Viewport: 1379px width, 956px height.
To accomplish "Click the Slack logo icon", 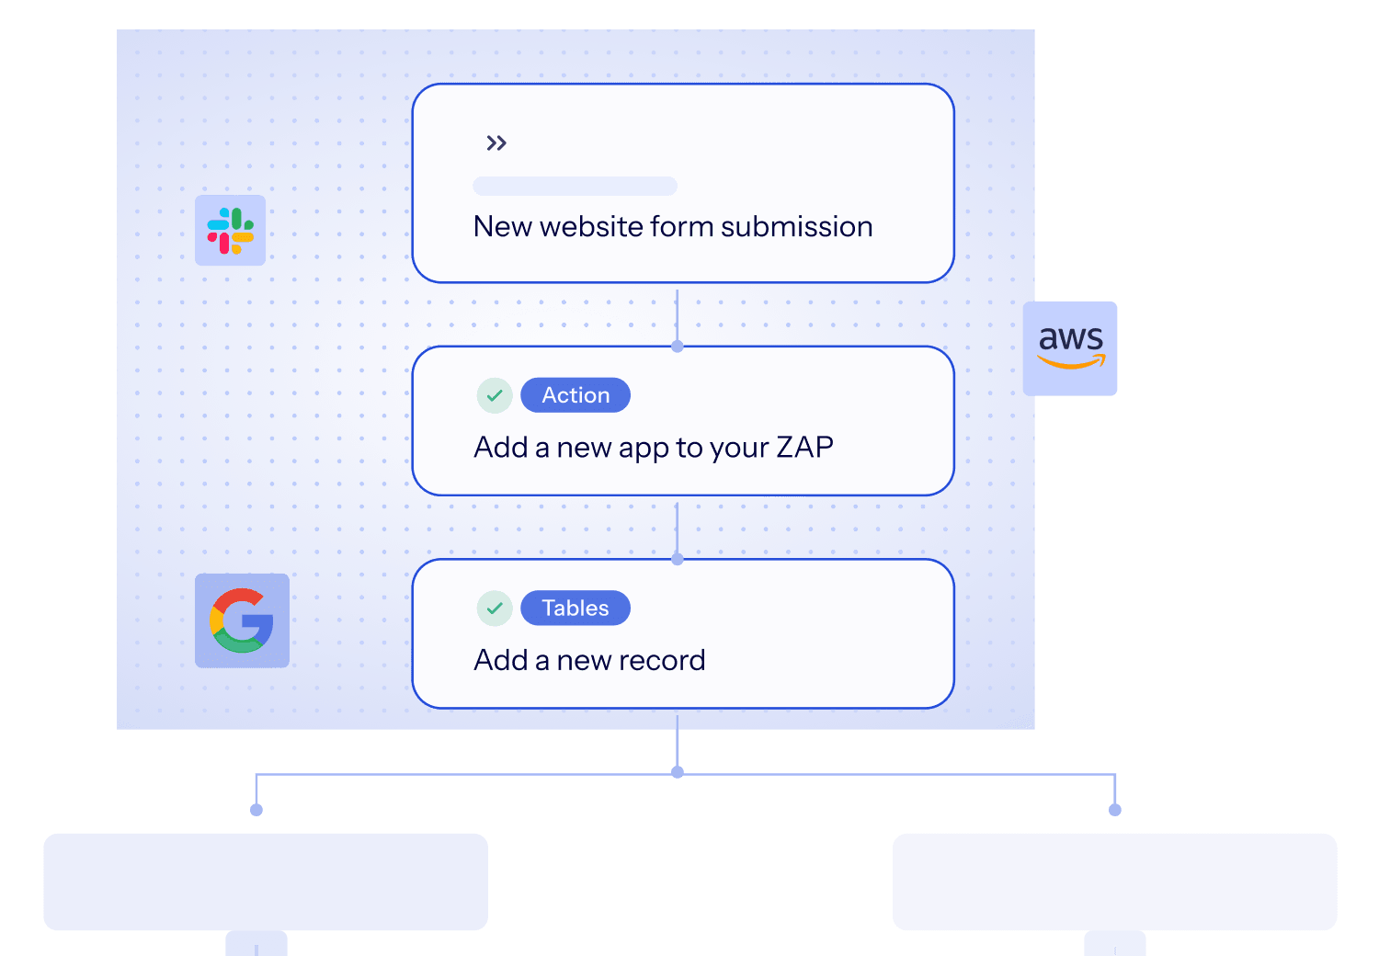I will pyautogui.click(x=230, y=230).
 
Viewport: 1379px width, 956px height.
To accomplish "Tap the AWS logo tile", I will pyautogui.click(x=1071, y=348).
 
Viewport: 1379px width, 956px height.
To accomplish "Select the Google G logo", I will pyautogui.click(x=242, y=620).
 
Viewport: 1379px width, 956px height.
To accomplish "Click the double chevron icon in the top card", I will pyautogui.click(x=496, y=143).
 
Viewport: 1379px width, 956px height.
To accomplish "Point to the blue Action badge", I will pyautogui.click(x=576, y=395).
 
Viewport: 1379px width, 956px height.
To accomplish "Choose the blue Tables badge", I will pyautogui.click(x=576, y=609).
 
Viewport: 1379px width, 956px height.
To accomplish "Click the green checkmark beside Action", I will pyautogui.click(x=495, y=395).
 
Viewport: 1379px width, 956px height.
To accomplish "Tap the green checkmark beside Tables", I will pyautogui.click(x=495, y=609).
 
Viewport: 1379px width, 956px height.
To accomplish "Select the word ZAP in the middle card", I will pyautogui.click(x=804, y=448).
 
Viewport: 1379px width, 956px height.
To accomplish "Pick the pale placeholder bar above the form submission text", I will pyautogui.click(x=575, y=186).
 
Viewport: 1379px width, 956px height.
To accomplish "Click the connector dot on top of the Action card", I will pyautogui.click(x=678, y=347).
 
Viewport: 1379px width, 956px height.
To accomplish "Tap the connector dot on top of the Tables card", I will pyautogui.click(x=678, y=559).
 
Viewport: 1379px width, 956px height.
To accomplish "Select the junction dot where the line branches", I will pyautogui.click(x=678, y=772).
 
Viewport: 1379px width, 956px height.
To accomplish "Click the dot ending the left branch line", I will pyautogui.click(x=256, y=810).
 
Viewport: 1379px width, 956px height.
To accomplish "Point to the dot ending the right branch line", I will pyautogui.click(x=1115, y=810).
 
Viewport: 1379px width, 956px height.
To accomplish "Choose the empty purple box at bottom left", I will pyautogui.click(x=266, y=882).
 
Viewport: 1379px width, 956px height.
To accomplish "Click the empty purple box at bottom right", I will pyautogui.click(x=1114, y=882).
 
